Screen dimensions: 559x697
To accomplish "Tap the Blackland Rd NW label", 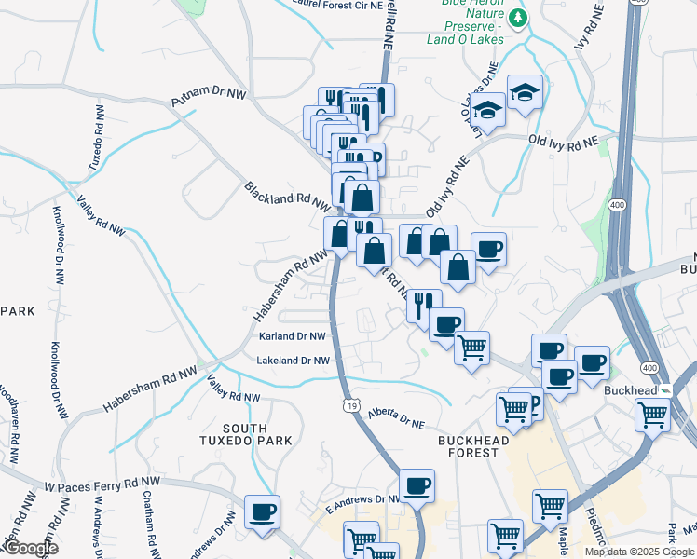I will tap(287, 196).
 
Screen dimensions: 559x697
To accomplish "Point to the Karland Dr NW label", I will tap(293, 336).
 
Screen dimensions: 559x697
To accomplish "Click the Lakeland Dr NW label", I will tap(294, 361).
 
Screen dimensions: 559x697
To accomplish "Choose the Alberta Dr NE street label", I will tap(395, 417).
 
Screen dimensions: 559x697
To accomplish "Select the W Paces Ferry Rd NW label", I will tap(103, 483).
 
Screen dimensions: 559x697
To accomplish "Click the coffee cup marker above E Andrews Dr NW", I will tap(417, 485).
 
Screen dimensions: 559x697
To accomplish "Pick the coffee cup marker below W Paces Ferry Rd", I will tap(262, 511).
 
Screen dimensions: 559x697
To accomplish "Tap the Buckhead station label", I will tap(631, 389).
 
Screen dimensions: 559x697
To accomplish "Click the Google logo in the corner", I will tap(30, 549).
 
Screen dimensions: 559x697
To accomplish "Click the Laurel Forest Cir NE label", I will tap(323, 5).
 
